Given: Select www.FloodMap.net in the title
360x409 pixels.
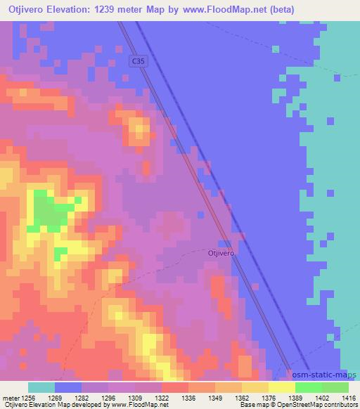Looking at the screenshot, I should pos(217,9).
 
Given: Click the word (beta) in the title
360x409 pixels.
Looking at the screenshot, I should pos(280,9).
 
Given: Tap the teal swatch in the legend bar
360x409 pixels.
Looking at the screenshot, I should pos(41,387).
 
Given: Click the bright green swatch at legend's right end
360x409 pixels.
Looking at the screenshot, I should pos(335,387).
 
